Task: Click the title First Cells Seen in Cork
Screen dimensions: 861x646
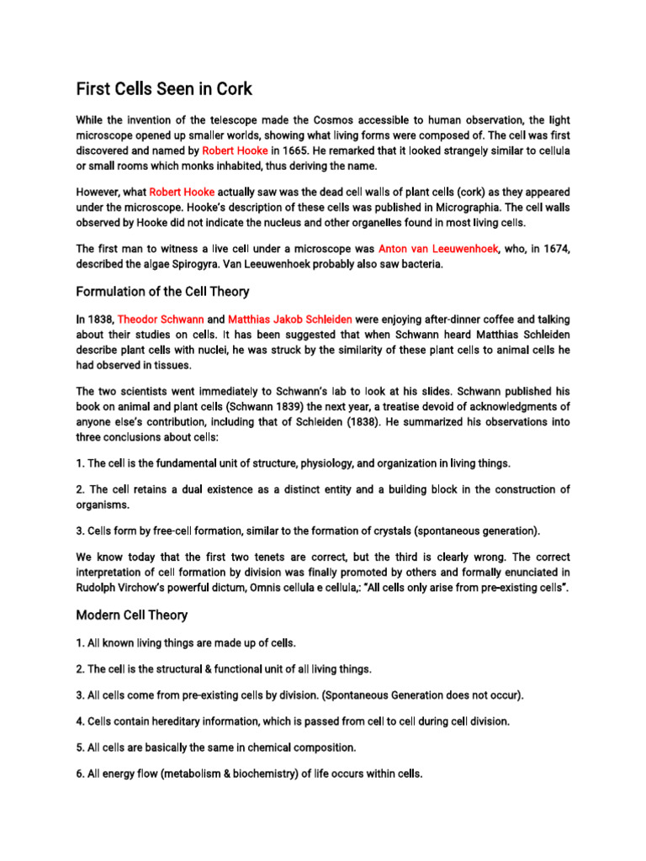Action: (x=164, y=88)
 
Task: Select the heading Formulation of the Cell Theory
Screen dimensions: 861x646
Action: (x=162, y=292)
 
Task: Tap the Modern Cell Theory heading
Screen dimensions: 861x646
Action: (x=132, y=615)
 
